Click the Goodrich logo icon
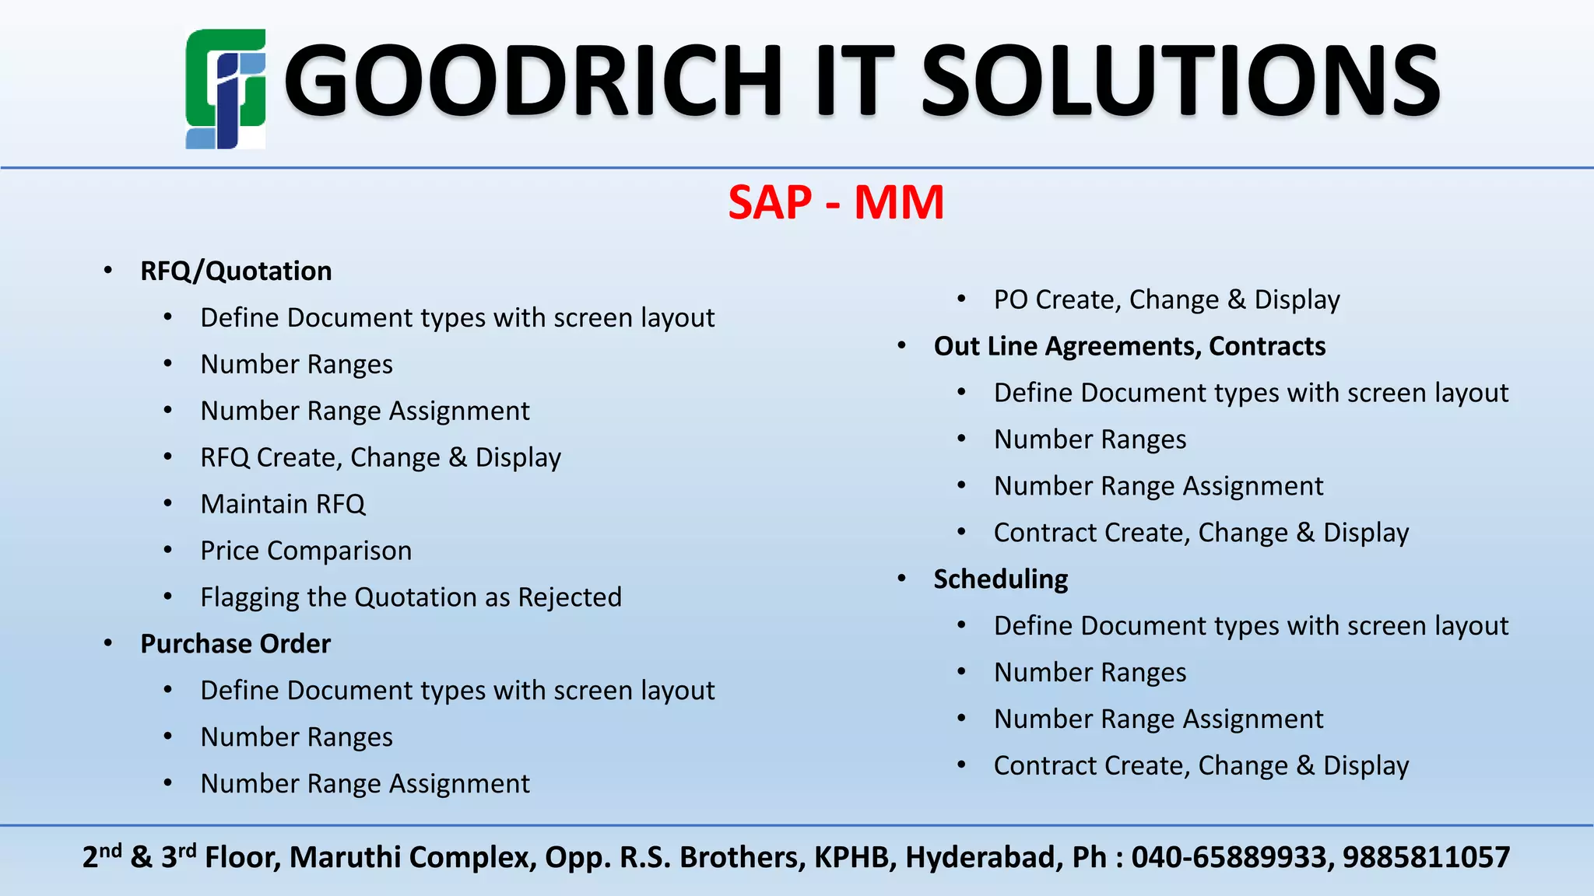(225, 89)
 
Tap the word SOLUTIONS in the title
(1180, 81)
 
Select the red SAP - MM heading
(836, 203)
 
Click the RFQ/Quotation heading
(236, 271)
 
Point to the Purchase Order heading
(235, 644)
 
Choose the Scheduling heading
(1000, 579)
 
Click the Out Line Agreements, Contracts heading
(1129, 346)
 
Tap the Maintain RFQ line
(283, 504)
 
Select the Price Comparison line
(306, 551)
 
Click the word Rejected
(570, 597)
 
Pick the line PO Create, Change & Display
(1167, 299)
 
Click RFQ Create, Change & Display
(381, 457)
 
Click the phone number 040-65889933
(1228, 857)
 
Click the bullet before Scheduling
(901, 579)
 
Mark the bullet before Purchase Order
(108, 643)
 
